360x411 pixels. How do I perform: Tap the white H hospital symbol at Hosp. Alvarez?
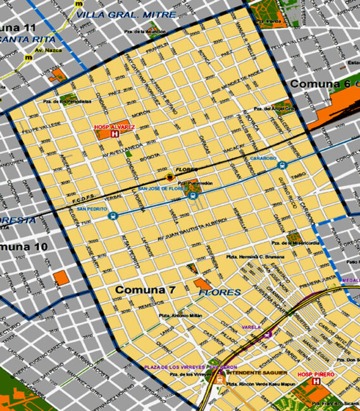click(115, 134)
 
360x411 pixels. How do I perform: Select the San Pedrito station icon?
click(113, 215)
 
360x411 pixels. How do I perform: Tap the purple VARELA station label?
click(252, 327)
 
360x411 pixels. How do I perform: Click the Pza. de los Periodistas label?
click(64, 101)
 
